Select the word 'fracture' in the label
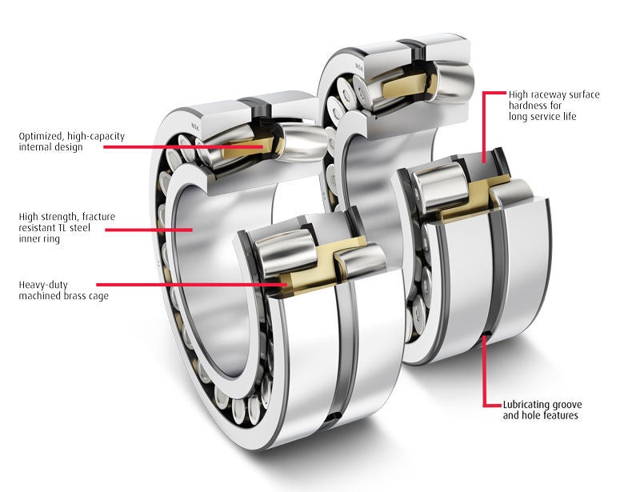[x=99, y=216]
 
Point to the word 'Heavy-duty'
[x=43, y=285]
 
